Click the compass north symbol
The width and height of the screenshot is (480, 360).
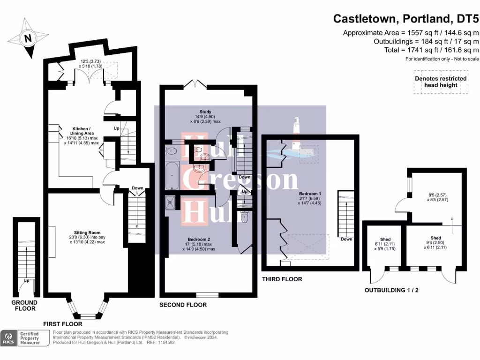click(28, 38)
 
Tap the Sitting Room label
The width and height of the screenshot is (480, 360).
click(87, 232)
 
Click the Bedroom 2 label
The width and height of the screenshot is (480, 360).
click(199, 240)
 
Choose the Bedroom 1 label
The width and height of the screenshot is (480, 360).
click(310, 194)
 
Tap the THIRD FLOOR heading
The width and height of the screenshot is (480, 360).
click(282, 279)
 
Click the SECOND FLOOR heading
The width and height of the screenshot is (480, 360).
click(183, 305)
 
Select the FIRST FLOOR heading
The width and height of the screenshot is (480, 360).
click(62, 324)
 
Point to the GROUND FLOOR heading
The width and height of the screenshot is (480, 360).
click(24, 306)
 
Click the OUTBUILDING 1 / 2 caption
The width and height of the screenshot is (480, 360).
click(391, 290)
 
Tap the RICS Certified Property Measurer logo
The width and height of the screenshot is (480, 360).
click(26, 338)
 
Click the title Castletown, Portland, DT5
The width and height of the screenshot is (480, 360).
click(406, 19)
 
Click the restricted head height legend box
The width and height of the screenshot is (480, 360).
click(441, 82)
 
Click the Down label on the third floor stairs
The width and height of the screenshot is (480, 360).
click(346, 239)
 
